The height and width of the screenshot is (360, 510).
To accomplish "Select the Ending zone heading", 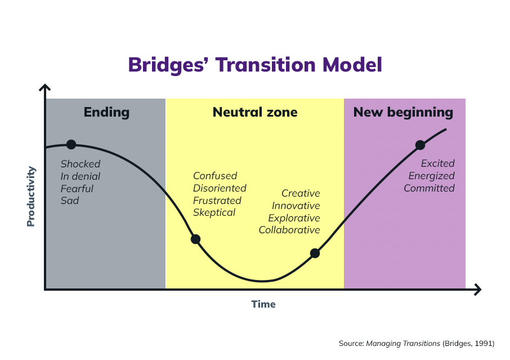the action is [107, 113].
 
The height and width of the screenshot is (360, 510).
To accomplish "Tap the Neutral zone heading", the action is [255, 112].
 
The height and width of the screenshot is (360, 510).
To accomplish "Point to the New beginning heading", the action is [403, 113].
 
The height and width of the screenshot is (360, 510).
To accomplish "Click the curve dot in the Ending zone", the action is [71, 145].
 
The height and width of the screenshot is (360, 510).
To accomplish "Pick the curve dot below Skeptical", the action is [195, 239].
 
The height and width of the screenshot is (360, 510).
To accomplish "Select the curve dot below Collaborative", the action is [315, 253].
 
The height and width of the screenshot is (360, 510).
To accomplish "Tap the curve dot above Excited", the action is [420, 145].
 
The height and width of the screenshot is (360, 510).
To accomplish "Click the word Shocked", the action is [80, 164].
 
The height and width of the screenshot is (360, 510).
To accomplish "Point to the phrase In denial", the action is [80, 176].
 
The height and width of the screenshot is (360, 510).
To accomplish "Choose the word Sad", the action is [70, 201].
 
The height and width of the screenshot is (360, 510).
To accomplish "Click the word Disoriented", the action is [220, 188].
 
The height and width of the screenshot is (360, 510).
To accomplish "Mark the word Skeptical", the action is [214, 212].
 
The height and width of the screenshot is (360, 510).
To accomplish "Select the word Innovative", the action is [296, 206].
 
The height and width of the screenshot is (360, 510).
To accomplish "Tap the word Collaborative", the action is [289, 230].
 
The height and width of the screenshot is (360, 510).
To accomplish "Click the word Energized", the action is [432, 176].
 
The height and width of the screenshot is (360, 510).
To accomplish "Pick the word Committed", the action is [430, 188].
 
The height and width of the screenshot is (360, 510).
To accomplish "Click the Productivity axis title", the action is [31, 196].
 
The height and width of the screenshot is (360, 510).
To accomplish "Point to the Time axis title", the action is [263, 304].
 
